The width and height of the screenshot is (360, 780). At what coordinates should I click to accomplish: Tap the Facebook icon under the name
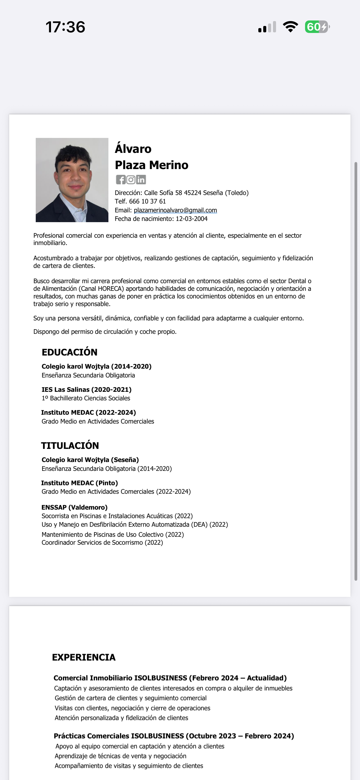[121, 180]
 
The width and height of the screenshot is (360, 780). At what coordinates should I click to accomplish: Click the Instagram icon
[131, 180]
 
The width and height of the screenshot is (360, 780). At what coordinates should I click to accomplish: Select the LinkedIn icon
[141, 180]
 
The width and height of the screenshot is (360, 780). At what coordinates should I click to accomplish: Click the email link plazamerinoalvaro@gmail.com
[175, 210]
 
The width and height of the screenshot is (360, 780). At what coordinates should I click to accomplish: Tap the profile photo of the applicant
[72, 180]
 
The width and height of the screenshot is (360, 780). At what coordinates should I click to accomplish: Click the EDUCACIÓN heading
[70, 352]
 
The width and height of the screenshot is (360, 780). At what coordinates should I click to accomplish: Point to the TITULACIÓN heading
[70, 446]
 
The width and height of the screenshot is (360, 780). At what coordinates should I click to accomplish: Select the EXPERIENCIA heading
[84, 657]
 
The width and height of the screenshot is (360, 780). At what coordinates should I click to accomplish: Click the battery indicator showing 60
[317, 27]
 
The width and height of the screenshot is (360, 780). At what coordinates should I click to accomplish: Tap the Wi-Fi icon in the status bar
[290, 27]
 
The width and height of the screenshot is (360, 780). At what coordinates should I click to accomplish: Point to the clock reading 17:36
[65, 27]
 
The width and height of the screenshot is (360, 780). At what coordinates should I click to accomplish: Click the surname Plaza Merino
[151, 165]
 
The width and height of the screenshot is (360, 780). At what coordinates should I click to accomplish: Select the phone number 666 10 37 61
[147, 201]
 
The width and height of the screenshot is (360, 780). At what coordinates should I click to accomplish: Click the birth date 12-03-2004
[191, 219]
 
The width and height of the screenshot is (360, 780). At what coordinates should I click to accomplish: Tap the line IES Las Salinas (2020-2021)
[86, 390]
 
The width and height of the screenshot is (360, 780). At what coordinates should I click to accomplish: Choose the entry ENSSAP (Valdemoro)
[75, 507]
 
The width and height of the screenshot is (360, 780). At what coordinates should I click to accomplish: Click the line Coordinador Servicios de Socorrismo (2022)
[102, 543]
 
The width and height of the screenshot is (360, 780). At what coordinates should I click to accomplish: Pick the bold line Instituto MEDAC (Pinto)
[79, 483]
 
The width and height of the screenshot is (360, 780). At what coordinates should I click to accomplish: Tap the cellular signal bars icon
[267, 27]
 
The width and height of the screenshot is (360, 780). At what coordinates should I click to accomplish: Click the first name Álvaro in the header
[133, 149]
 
